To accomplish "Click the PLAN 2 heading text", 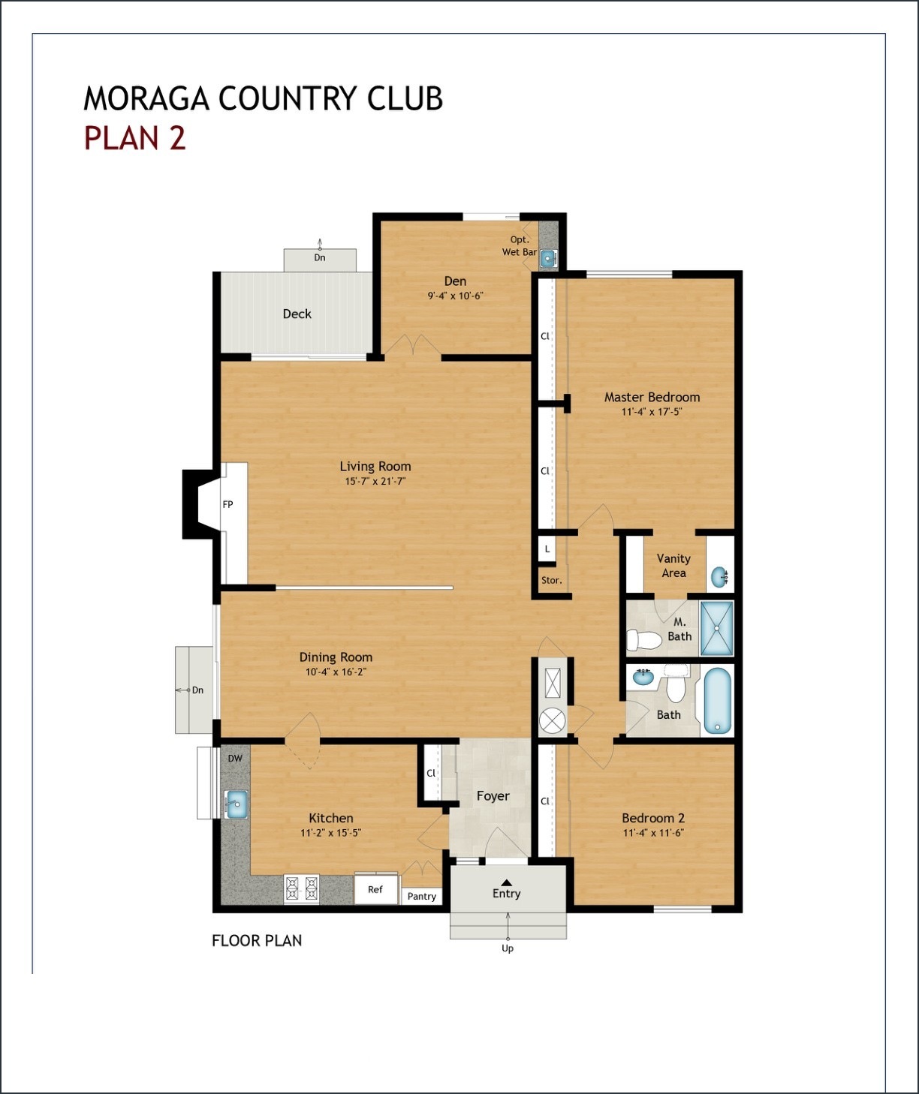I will point(134,139).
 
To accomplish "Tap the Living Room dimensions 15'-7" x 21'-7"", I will point(375,482).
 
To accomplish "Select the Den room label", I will point(455,281).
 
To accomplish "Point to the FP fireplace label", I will point(227,504).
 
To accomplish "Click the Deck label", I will point(297,314).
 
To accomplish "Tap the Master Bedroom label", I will point(652,397).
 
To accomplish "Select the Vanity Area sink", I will point(719,578).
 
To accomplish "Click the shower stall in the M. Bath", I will point(716,629).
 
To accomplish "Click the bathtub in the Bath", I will point(717,702).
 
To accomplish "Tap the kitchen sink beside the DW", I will point(236,804).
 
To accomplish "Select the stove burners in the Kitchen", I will point(301,888).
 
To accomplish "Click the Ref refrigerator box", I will point(375,889).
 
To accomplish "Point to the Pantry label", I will point(421,896).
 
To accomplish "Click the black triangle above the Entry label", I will point(506,882).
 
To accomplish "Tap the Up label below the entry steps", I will point(508,948).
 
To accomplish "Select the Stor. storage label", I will point(551,580).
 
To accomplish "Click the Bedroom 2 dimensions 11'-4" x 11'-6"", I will point(653,833).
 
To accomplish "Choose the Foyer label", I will point(493,796).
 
